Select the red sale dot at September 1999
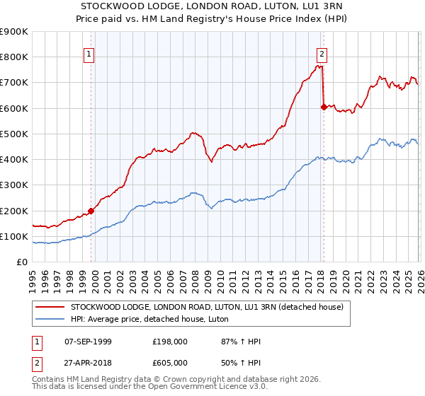[91, 211]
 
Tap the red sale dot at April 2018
[324, 107]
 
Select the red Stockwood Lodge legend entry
[207, 307]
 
